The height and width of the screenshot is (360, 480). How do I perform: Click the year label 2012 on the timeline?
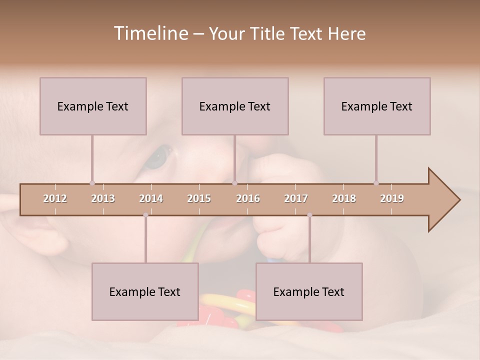coord(55,198)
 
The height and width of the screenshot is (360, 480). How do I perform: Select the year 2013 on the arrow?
coord(103,198)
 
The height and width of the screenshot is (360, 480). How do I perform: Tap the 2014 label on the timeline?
coord(151,198)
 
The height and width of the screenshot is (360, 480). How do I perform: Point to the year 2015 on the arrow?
coord(199,198)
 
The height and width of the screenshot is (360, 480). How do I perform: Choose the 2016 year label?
coord(248,198)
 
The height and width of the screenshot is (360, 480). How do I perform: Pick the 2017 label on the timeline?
coord(296,198)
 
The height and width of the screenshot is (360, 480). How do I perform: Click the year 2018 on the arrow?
coord(344,198)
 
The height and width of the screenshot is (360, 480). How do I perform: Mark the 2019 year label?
coord(392,198)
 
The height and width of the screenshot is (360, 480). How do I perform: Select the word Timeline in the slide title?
coord(150,33)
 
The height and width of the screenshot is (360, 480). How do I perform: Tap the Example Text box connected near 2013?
coord(93,106)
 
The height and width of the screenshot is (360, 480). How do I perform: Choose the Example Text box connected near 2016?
coord(235,106)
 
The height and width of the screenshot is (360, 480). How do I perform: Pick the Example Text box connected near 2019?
coord(377,106)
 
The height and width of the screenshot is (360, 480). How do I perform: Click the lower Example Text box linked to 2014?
coord(145,291)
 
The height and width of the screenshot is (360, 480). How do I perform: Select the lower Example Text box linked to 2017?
coord(309,291)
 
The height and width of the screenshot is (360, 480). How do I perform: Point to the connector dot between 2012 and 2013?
coord(92,183)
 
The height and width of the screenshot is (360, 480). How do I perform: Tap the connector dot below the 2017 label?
coord(309,215)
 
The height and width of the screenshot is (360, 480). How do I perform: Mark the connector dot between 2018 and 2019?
coord(376,183)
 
